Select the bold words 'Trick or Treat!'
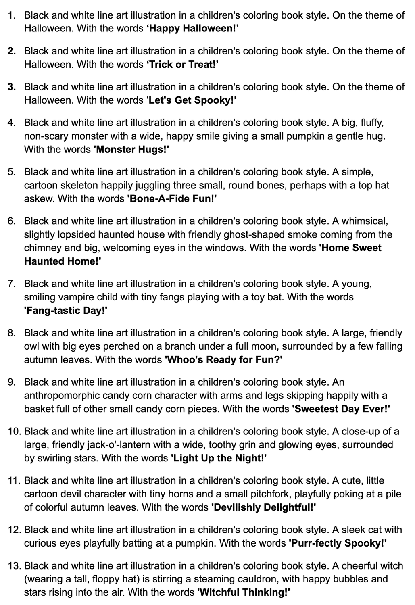point(182,65)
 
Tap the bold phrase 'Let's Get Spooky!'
point(191,100)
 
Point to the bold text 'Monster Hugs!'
point(131,150)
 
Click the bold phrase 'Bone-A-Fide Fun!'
point(172,199)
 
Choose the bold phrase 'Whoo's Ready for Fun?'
point(223,360)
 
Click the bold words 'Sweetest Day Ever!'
point(341,409)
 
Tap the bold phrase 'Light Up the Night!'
point(219,459)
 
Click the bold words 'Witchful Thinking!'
point(244,592)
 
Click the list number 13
point(14,566)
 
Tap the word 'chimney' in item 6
point(43,248)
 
